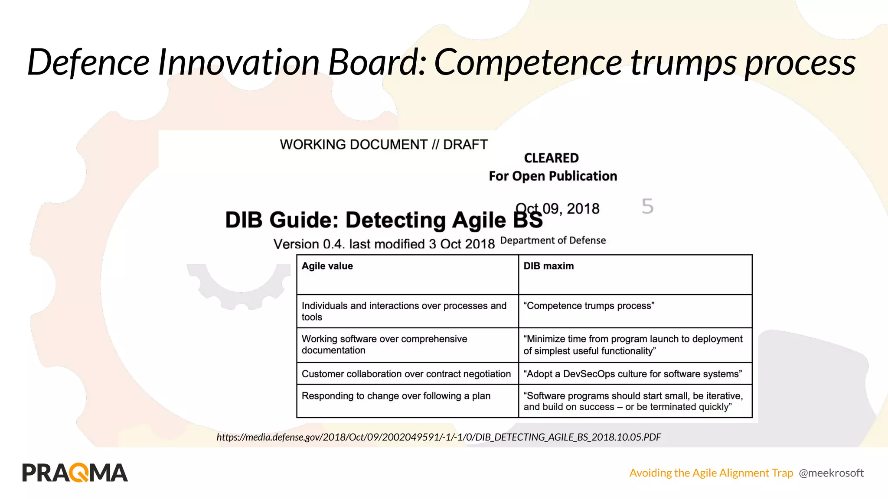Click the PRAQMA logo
coord(75,473)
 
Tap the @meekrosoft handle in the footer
coord(831,473)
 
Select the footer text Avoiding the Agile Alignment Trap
coord(711,473)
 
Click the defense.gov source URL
coord(438,437)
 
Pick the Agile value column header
coord(327,266)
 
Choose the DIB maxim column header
coord(548,266)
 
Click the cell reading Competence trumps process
coord(589,306)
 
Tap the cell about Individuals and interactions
coord(404,311)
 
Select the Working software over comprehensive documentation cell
coord(384,344)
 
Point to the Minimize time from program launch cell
coord(633,345)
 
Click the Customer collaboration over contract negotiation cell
coord(406,374)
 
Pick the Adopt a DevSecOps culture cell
coord(633,374)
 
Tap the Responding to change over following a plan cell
coord(396,396)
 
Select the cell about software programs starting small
coord(633,401)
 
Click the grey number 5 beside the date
coord(647,207)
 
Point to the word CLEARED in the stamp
coord(551,158)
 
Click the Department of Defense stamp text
coord(553,240)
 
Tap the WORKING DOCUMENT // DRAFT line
coord(384,144)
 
